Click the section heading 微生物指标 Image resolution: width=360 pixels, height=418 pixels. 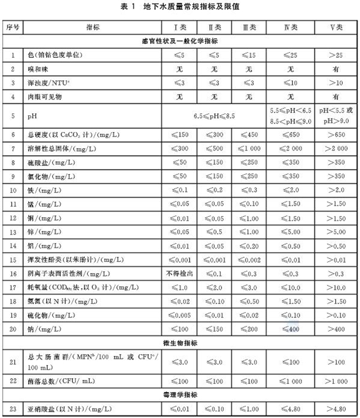pos(180,342)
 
